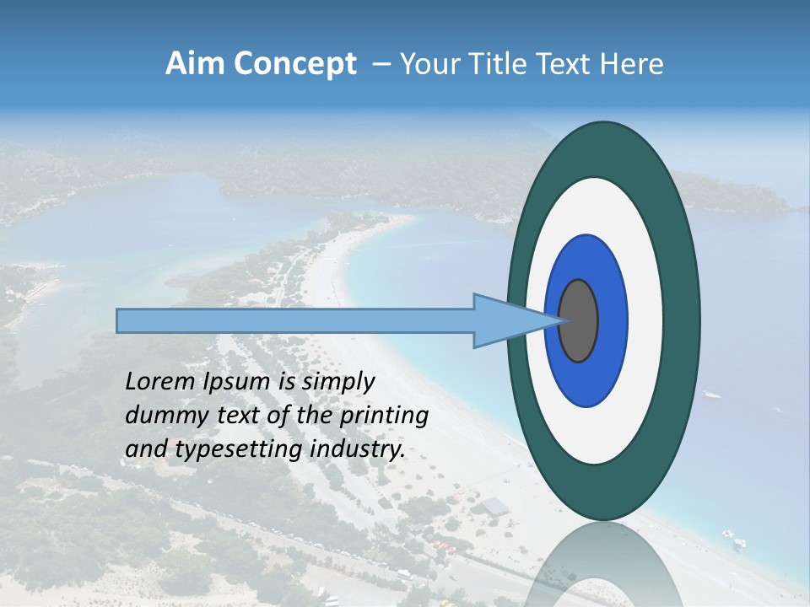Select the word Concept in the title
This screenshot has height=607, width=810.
[x=295, y=64]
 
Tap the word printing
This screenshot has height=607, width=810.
[x=383, y=416]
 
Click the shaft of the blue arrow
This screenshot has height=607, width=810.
[x=295, y=320]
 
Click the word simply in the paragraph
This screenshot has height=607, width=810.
[x=337, y=382]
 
